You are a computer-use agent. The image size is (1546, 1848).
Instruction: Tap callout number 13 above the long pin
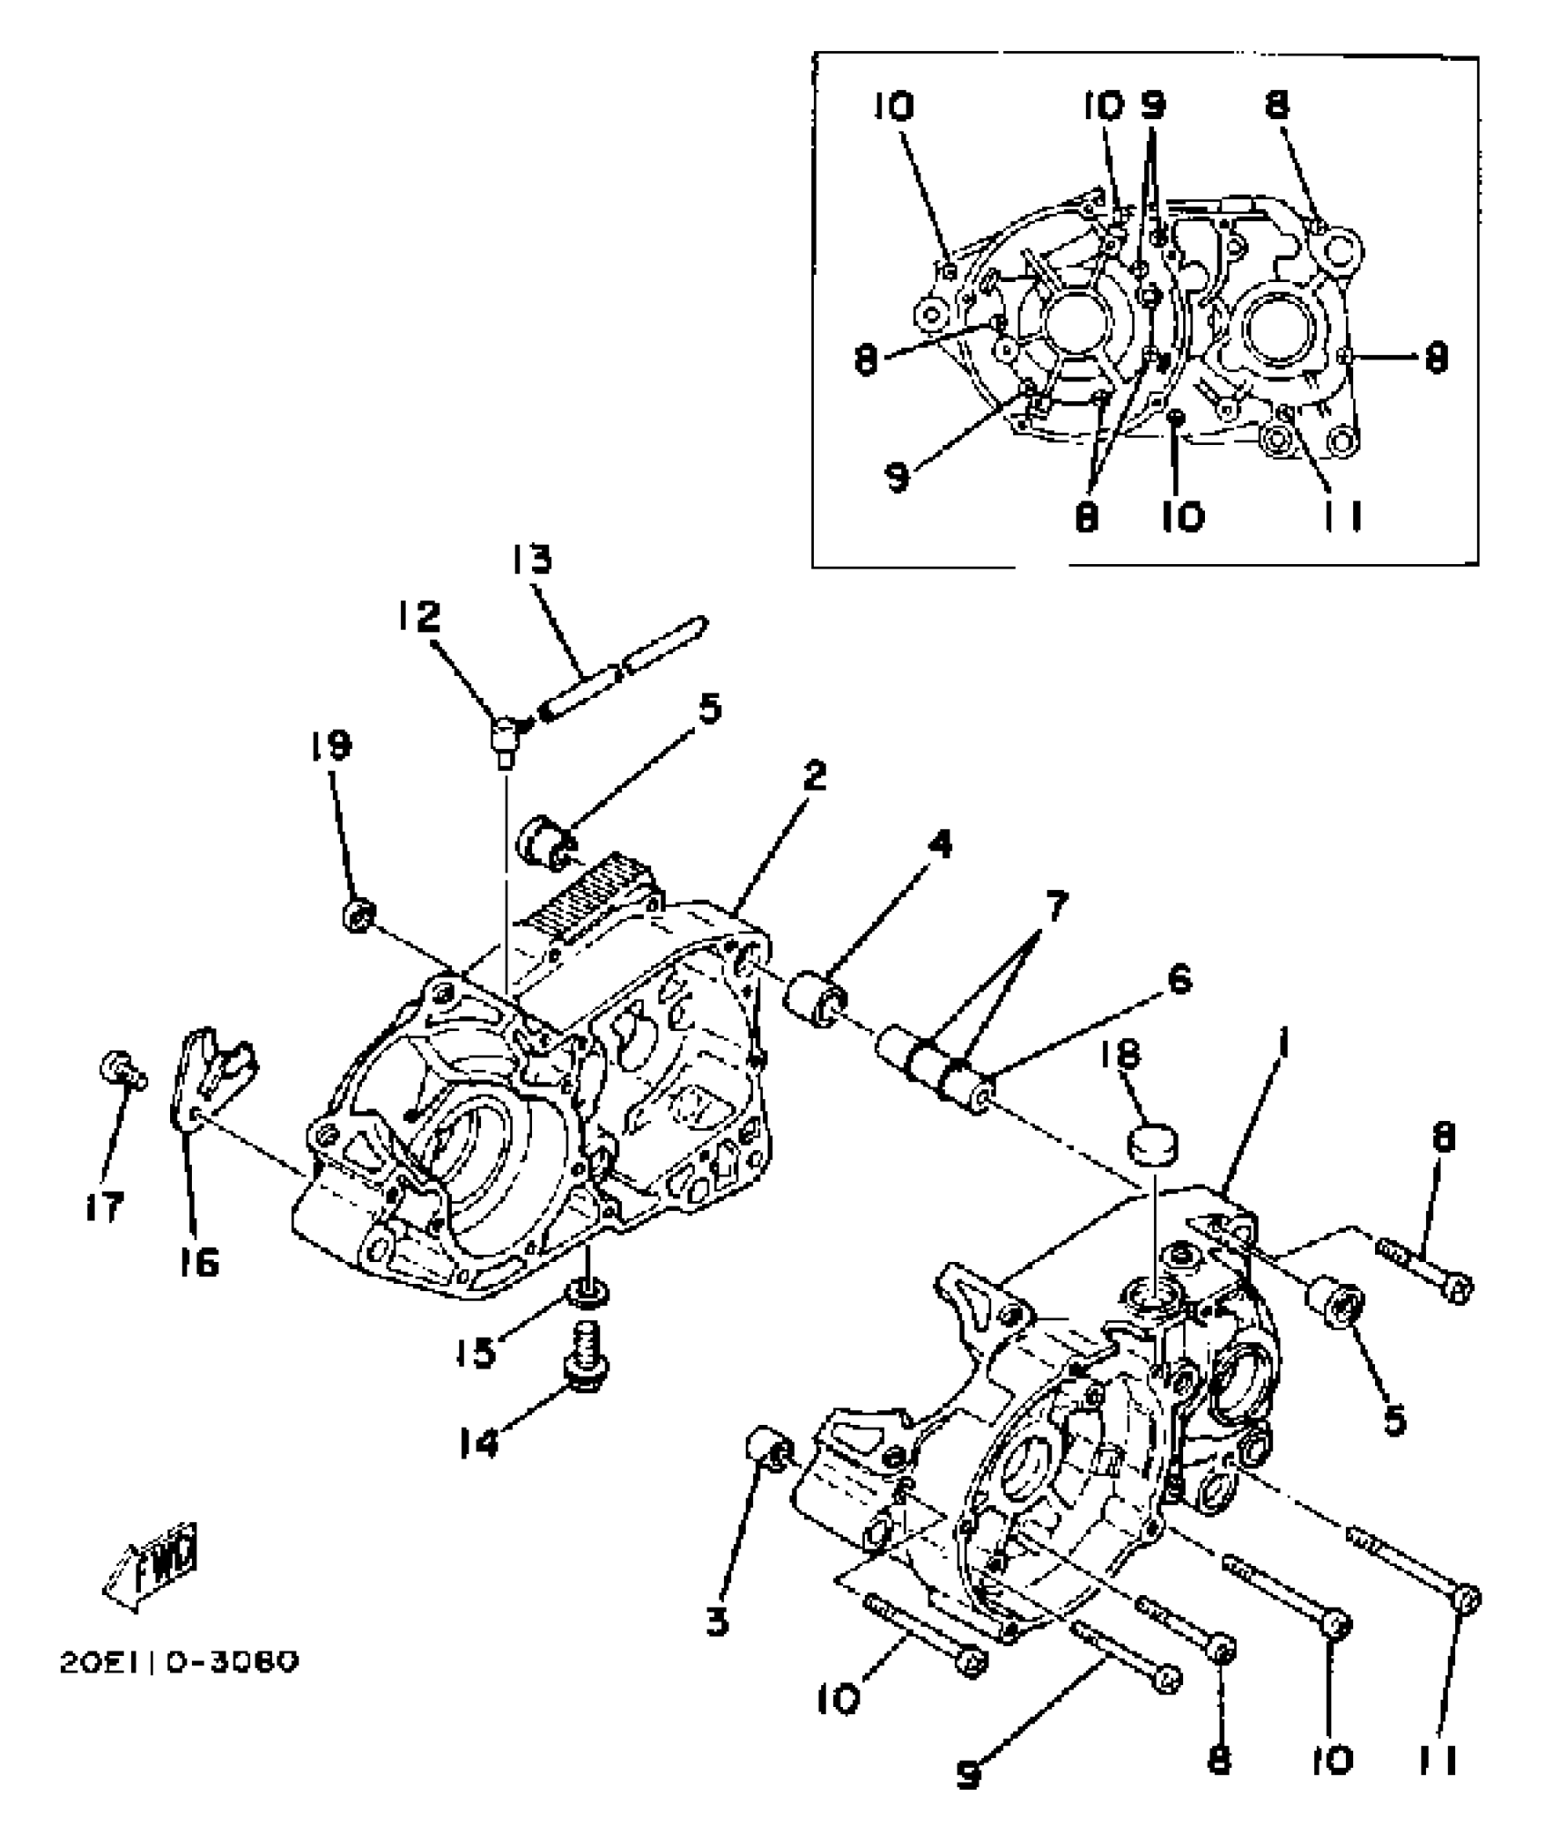tap(530, 560)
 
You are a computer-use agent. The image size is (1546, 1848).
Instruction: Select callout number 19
tap(329, 747)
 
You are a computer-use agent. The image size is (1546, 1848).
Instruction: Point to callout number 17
tap(105, 1208)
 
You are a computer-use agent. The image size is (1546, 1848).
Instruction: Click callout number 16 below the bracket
tap(199, 1263)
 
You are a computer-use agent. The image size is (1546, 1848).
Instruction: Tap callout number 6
tap(1179, 982)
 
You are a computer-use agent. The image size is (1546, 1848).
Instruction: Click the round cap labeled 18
tap(1152, 1144)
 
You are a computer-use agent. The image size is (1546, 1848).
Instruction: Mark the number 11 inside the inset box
tap(1342, 518)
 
